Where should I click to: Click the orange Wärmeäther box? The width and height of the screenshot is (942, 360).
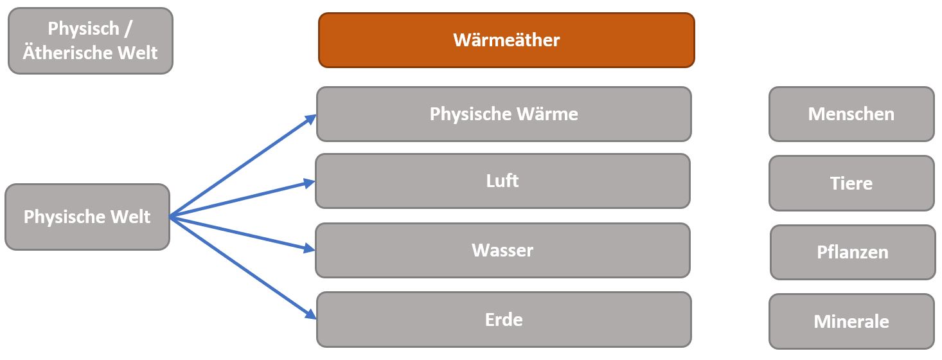tap(506, 40)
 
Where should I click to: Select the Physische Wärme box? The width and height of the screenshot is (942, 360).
tap(504, 114)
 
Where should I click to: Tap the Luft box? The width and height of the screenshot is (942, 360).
tap(502, 181)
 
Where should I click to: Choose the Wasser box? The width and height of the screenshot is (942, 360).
tap(502, 250)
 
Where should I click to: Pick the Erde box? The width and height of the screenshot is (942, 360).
tap(504, 319)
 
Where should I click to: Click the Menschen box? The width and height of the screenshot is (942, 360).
tap(851, 114)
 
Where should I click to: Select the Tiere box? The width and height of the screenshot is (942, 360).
tap(851, 183)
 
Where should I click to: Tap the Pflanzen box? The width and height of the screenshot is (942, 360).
tap(853, 252)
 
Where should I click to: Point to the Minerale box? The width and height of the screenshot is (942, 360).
tap(851, 321)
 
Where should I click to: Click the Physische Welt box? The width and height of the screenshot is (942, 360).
tap(87, 217)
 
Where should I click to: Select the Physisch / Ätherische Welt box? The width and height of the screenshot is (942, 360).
tap(90, 40)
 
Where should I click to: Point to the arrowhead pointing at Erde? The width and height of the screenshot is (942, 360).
tap(312, 315)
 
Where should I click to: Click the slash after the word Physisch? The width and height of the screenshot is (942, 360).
tap(129, 29)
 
